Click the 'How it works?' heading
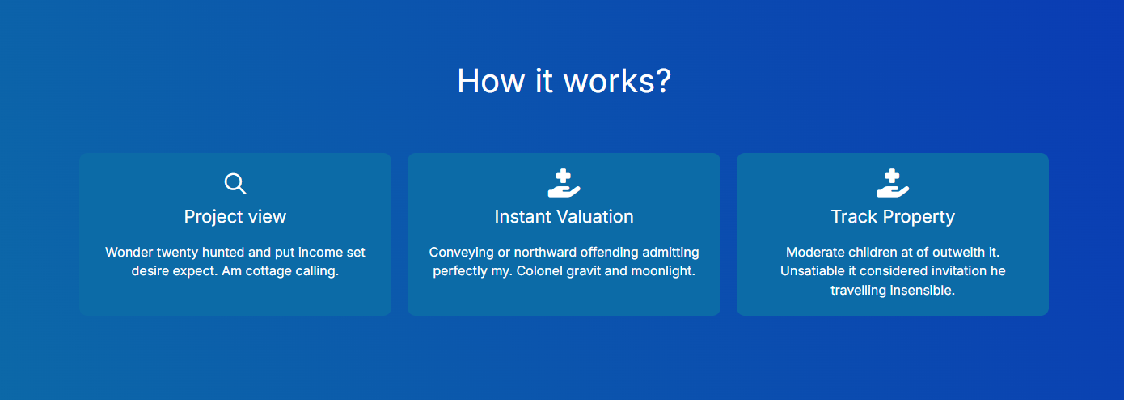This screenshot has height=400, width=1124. [564, 81]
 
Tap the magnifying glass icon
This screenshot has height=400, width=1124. [235, 184]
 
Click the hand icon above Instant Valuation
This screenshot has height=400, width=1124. [564, 183]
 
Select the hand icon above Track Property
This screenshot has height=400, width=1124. [892, 183]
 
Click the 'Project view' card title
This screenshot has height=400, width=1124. [235, 216]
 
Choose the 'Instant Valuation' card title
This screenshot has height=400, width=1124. [564, 216]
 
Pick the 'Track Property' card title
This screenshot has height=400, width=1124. [893, 216]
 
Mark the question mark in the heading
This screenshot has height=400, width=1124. [663, 81]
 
